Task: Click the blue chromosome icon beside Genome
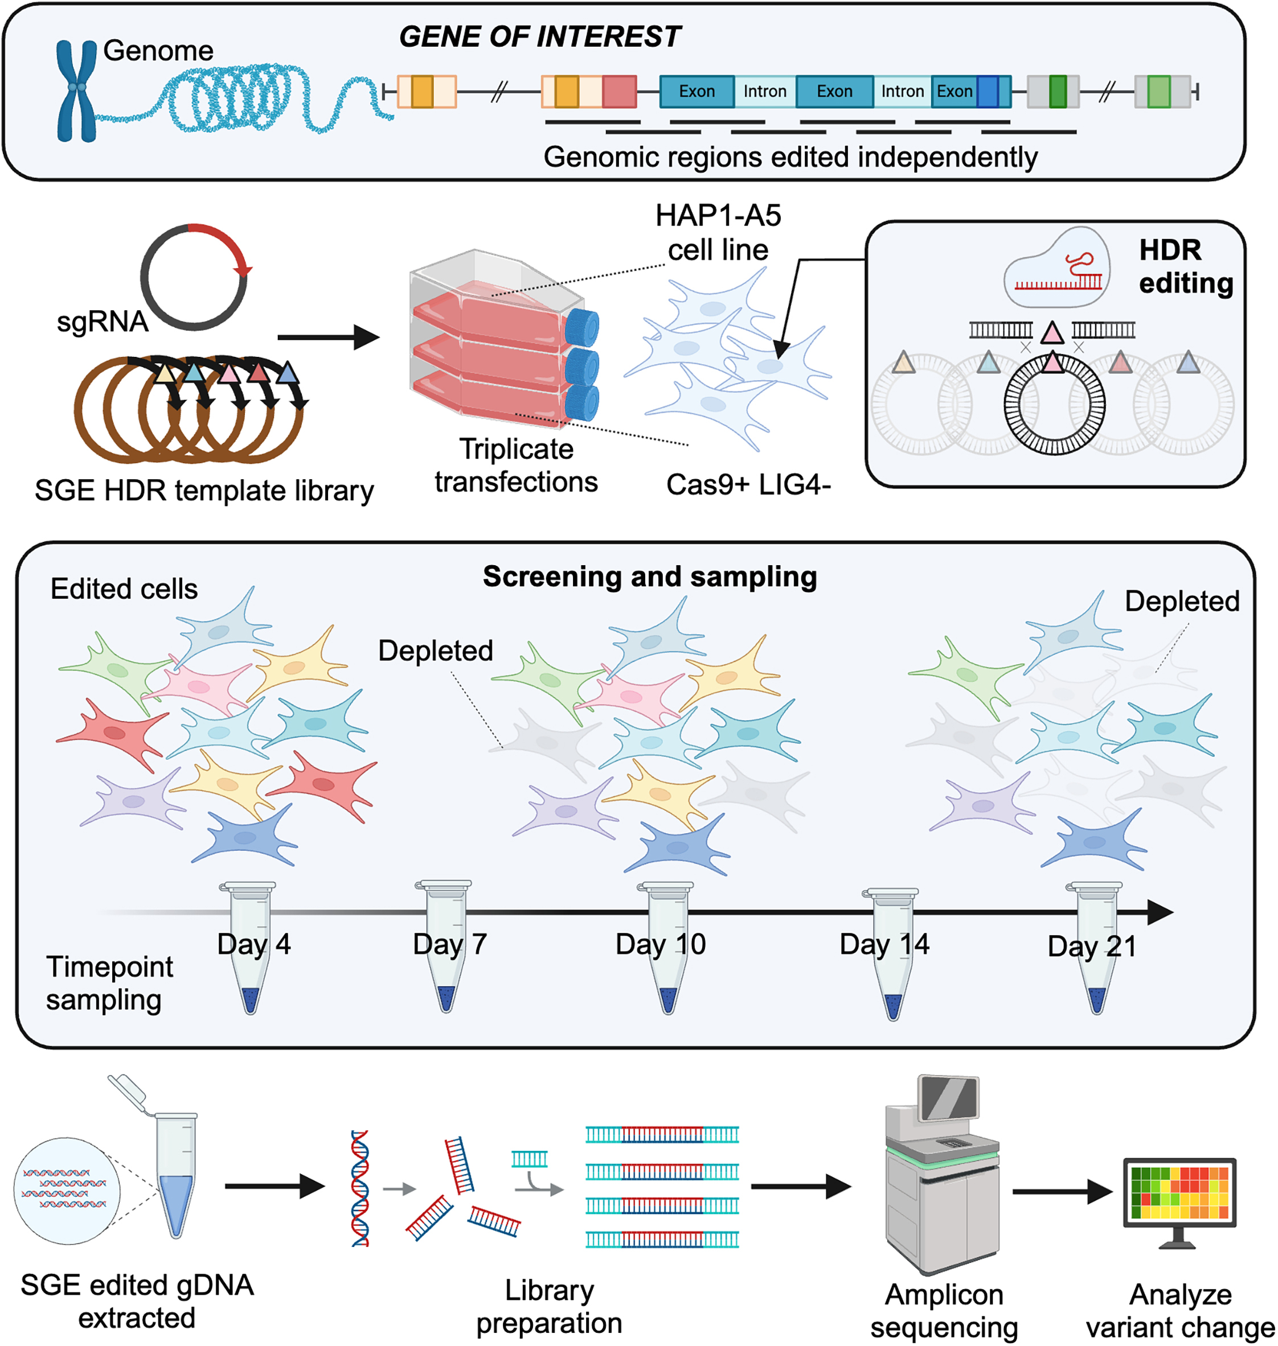76,90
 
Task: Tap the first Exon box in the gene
696,91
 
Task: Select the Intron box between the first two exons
764,91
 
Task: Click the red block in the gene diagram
619,91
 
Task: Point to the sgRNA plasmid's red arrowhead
243,270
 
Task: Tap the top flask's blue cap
583,327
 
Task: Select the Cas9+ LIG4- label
748,484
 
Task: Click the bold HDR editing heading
1185,266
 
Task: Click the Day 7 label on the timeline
449,944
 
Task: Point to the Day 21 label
1091,946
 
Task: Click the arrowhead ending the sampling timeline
1160,912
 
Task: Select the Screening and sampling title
649,577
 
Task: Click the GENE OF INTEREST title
539,37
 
